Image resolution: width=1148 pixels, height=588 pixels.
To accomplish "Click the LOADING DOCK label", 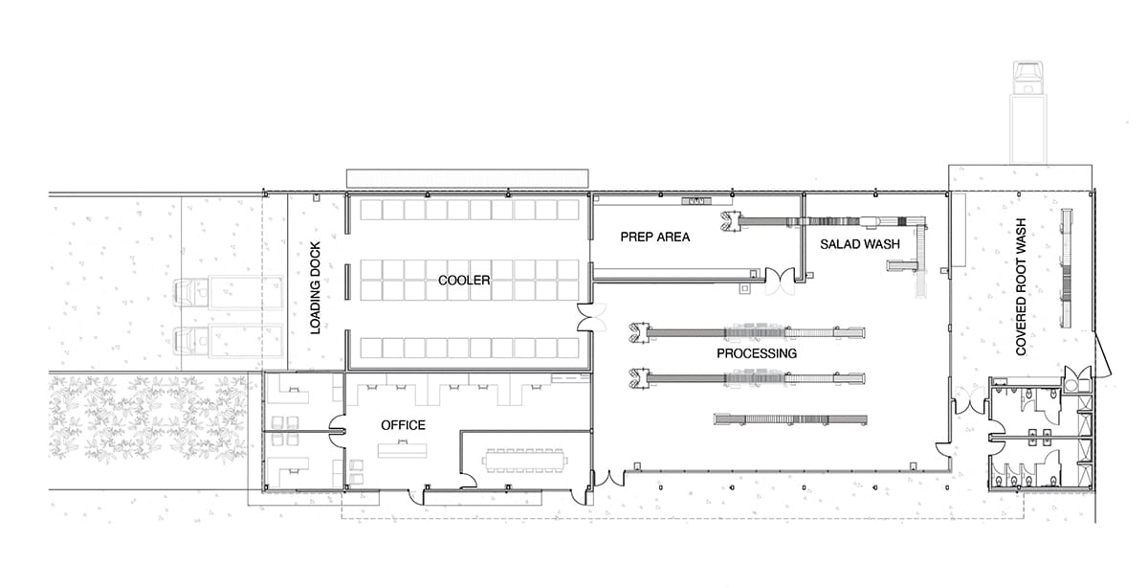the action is point(316,288).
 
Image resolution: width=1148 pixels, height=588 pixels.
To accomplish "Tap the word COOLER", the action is point(464,281).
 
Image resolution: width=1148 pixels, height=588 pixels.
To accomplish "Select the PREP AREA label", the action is point(655,237).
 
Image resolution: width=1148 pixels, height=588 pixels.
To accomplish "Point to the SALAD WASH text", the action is point(860,244).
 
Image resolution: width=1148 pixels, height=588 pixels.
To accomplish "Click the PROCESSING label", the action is point(757,353).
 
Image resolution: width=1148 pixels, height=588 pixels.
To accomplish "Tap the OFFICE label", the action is point(403,425).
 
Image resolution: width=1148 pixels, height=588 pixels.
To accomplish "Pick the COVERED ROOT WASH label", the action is point(1021,286).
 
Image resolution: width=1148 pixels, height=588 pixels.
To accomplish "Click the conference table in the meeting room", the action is point(525,461).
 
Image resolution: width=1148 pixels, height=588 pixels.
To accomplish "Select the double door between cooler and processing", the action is point(591,317).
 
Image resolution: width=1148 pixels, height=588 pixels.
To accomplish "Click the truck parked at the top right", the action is point(1028,112).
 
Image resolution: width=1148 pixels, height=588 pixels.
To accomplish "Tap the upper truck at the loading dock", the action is point(228,293).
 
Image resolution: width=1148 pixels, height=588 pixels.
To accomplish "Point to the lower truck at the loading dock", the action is point(228,340).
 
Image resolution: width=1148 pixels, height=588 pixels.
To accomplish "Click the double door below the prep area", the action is point(780,282).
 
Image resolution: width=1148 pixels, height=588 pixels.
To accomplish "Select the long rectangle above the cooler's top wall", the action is point(468,178).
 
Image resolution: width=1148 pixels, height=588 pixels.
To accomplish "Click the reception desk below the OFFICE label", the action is point(403,450).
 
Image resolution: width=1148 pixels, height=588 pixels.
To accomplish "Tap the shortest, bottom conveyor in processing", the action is point(790,419).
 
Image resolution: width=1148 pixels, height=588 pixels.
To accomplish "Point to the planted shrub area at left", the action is point(148,419).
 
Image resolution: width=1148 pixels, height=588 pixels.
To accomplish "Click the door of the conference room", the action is point(468,481).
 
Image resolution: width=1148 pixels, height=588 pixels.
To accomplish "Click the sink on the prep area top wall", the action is point(696,200).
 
